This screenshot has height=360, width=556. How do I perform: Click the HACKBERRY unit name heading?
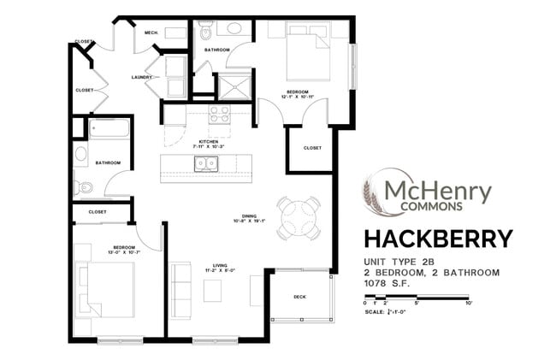439,238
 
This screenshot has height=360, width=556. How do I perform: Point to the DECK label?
299,298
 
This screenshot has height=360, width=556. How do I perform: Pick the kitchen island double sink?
205,163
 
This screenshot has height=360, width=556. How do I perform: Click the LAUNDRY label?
142,77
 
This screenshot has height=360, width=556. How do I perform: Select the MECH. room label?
151,32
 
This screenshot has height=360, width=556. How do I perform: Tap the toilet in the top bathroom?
205,32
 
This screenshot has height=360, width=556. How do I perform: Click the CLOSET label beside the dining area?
312,148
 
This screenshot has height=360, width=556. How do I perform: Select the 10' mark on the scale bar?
469,303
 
